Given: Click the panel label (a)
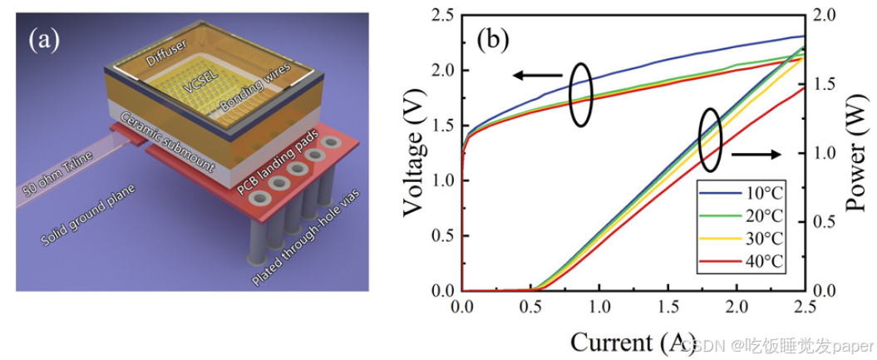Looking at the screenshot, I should (x=44, y=40).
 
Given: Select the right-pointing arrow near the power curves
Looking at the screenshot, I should (x=756, y=154).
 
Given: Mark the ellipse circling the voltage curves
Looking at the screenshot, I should (x=581, y=95).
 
